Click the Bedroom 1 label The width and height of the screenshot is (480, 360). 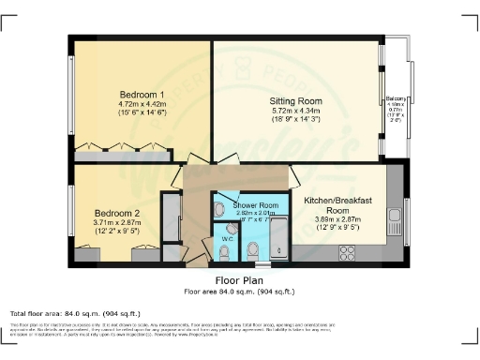tap(142, 95)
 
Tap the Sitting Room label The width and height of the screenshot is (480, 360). tap(296, 99)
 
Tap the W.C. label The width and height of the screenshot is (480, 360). tap(227, 239)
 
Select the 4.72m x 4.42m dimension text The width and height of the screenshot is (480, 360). tap(142, 104)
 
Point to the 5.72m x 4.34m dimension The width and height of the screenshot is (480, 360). tap(296, 110)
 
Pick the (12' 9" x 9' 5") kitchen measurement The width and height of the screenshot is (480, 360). tap(339, 226)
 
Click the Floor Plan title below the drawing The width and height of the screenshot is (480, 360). tap(239, 278)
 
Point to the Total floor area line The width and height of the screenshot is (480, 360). tap(75, 313)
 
